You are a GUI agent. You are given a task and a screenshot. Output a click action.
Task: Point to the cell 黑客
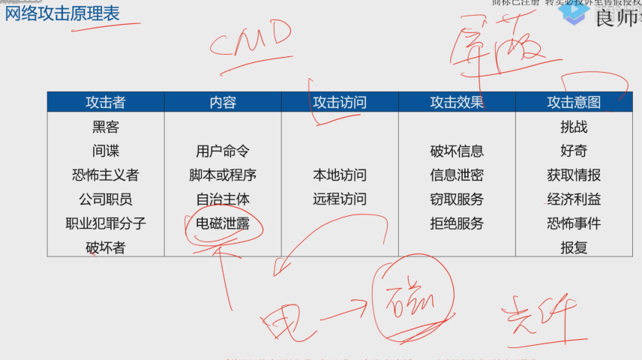[x=106, y=127]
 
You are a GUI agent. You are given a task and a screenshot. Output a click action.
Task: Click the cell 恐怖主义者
[x=106, y=175]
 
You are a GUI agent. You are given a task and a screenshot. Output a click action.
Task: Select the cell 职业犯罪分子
[x=106, y=223]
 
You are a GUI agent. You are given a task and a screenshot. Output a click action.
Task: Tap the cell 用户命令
[x=223, y=151]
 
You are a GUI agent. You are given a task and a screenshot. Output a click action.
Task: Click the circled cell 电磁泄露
[x=223, y=223]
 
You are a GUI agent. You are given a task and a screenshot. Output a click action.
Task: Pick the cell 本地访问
[x=340, y=175]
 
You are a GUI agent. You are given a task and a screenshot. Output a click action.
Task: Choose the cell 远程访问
[x=340, y=199]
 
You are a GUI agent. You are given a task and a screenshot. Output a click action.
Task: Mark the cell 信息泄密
[x=457, y=175]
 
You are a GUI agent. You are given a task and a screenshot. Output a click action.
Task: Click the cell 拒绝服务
[x=457, y=223]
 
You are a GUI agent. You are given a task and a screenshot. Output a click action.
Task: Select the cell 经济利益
[x=574, y=199]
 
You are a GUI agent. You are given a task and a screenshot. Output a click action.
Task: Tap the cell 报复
[x=574, y=247]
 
